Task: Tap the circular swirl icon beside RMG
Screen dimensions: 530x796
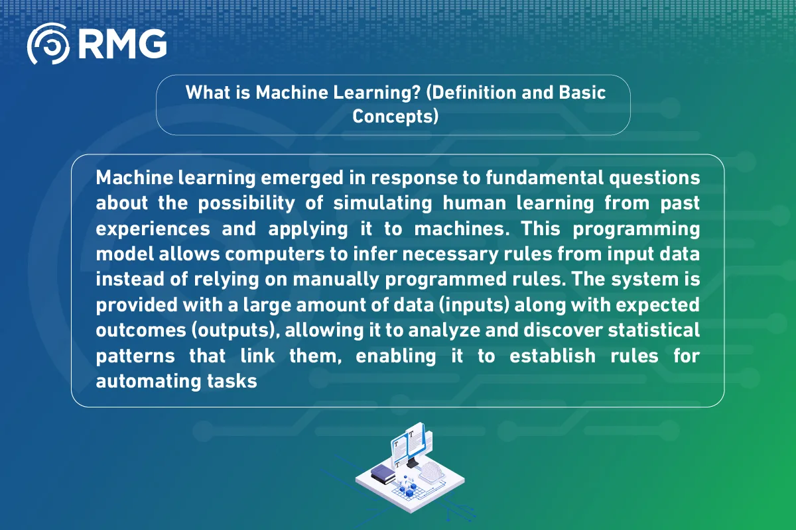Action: point(48,44)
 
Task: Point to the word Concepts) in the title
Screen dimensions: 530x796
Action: point(396,116)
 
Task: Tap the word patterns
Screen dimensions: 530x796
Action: point(135,355)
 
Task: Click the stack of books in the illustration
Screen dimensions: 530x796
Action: point(383,474)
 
